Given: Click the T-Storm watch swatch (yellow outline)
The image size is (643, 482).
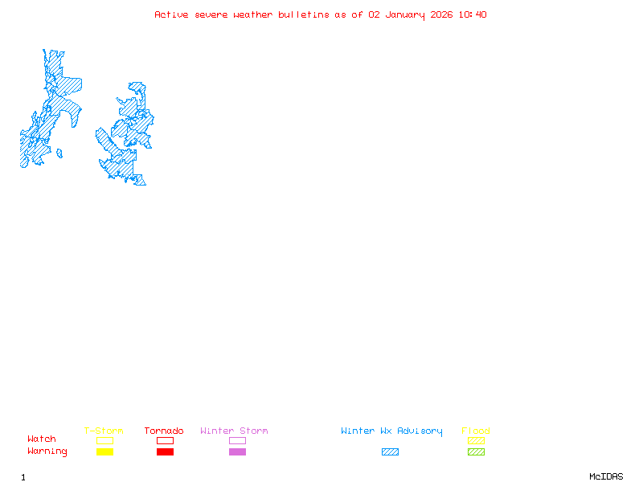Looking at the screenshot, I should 104,440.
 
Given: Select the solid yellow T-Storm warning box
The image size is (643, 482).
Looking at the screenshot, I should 104,451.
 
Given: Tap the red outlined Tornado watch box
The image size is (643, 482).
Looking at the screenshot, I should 165,440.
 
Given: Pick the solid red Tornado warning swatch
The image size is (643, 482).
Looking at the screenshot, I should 165,451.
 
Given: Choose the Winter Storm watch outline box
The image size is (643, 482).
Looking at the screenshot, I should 237,440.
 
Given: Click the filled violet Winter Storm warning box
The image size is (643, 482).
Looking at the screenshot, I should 237,451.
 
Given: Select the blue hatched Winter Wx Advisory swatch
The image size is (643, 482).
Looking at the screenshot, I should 390,451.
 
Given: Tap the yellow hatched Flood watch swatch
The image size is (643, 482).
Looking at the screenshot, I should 476,440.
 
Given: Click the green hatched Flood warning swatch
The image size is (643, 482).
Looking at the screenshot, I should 476,451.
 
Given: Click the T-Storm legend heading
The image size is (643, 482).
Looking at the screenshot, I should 104,431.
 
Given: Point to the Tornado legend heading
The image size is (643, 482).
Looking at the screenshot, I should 164,431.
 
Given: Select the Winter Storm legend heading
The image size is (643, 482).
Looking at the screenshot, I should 234,431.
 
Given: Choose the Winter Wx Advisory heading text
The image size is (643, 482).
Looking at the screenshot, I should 391,431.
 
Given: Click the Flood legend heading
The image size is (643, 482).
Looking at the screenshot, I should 476,431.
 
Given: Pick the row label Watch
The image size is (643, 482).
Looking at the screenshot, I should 42,439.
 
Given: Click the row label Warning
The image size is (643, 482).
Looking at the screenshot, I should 47,451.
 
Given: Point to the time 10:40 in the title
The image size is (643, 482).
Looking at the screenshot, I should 473,14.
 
